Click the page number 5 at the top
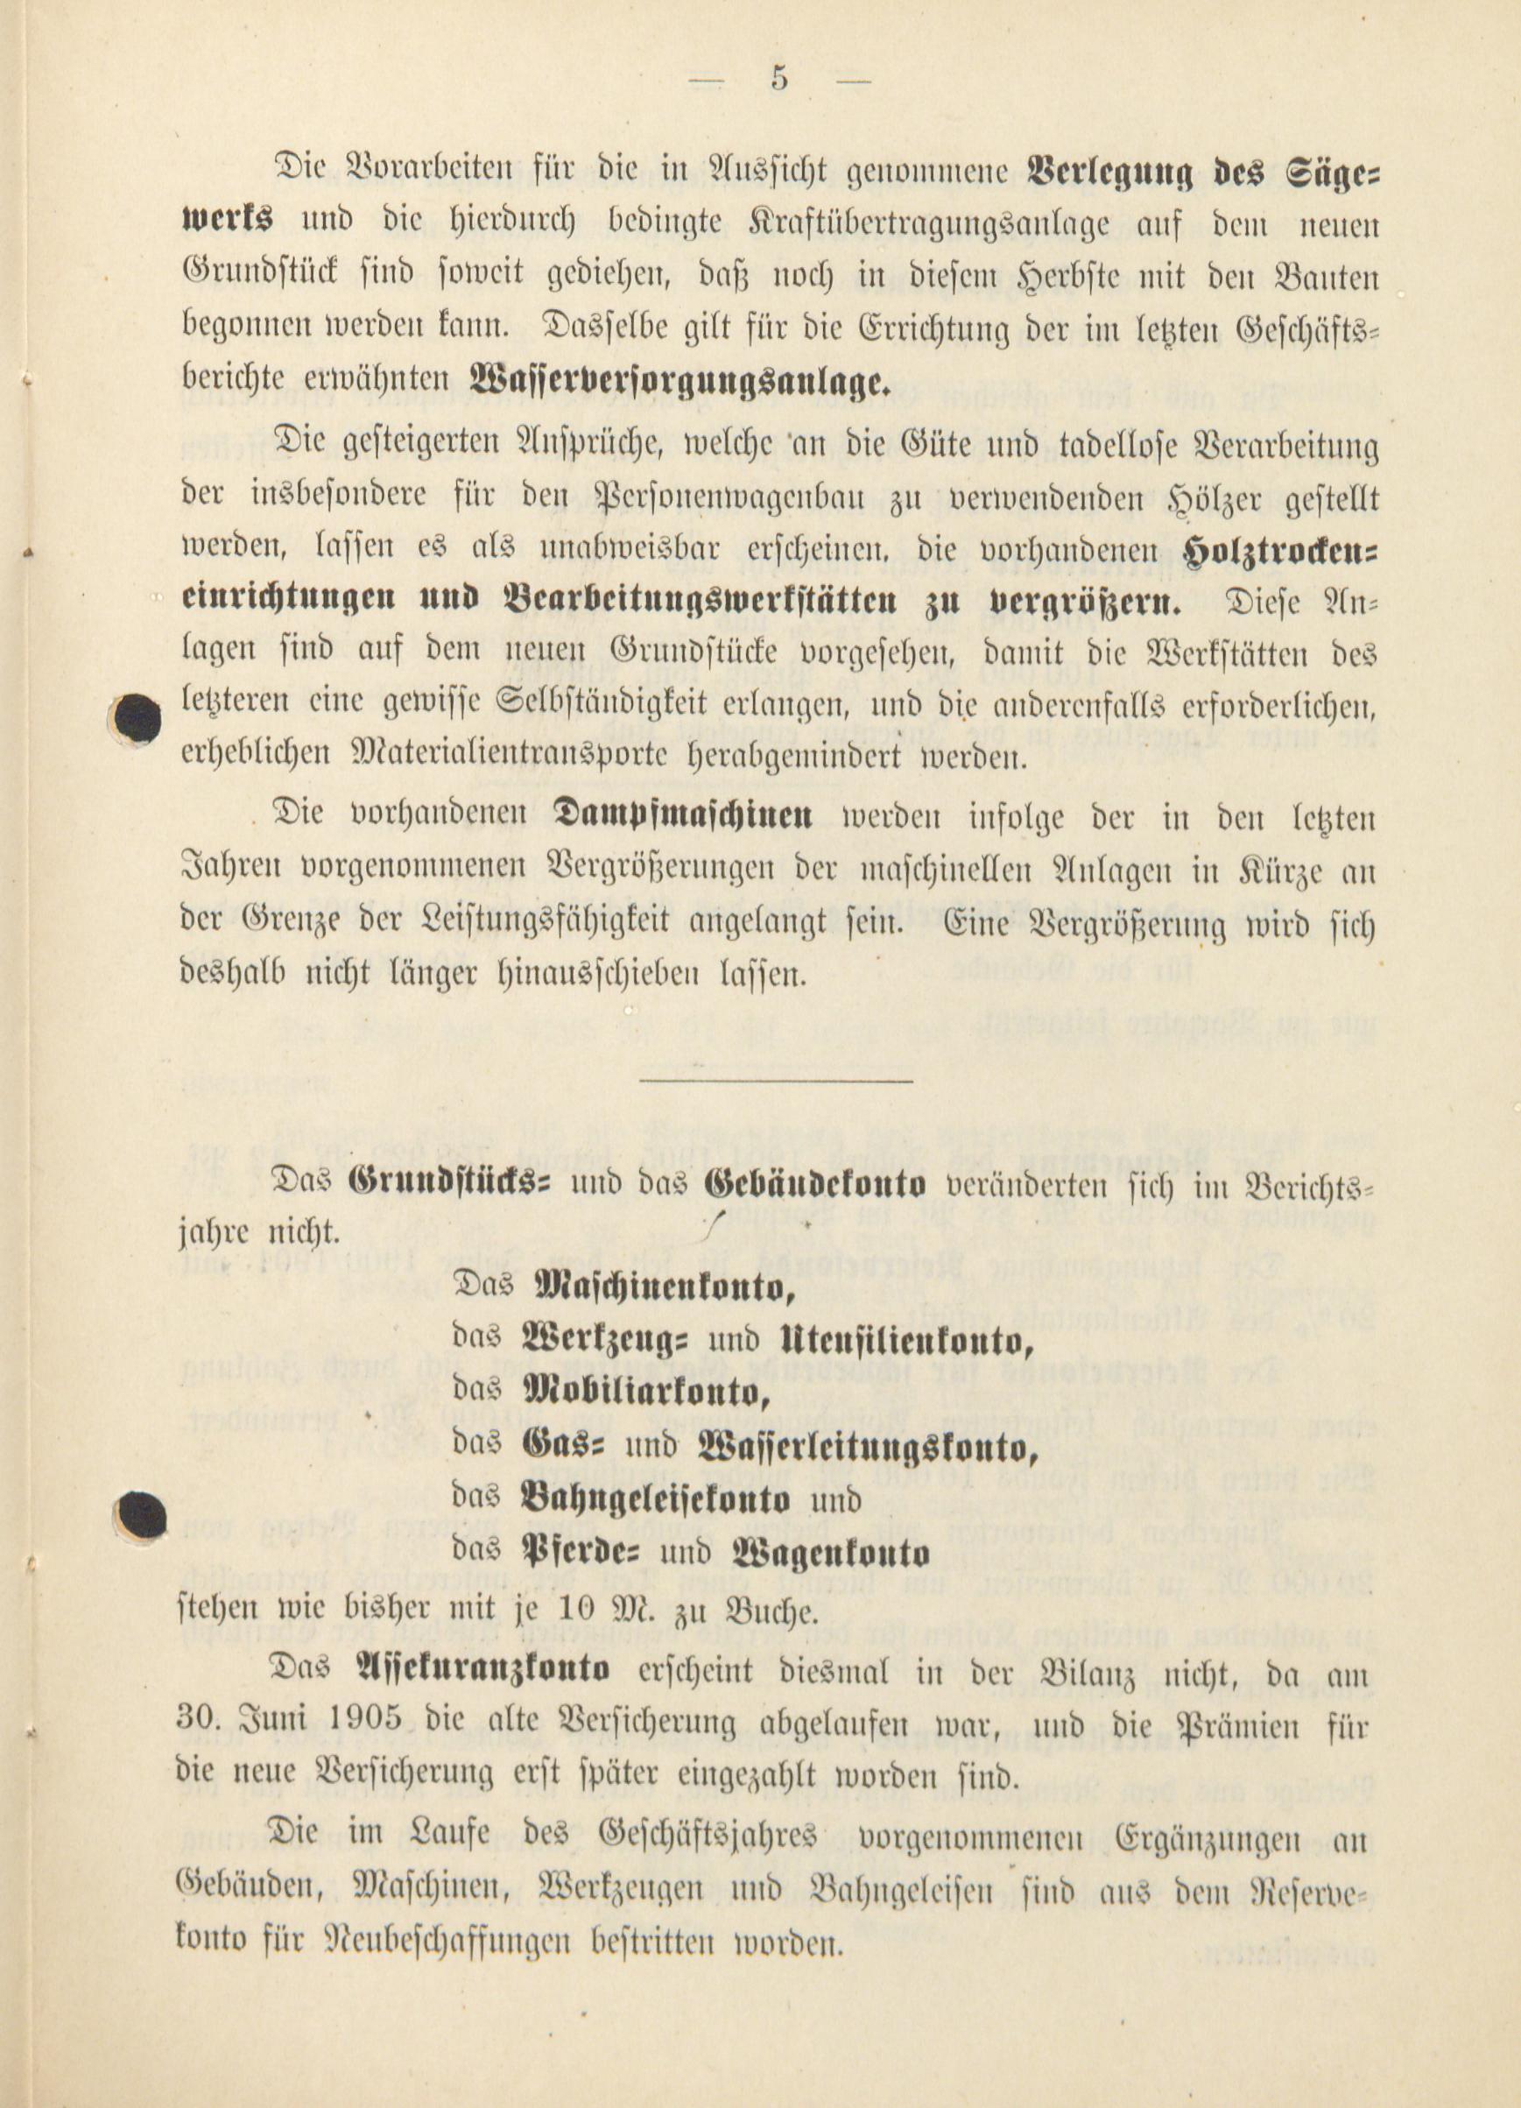(778, 80)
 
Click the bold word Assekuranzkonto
(484, 1669)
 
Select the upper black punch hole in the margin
(138, 717)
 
